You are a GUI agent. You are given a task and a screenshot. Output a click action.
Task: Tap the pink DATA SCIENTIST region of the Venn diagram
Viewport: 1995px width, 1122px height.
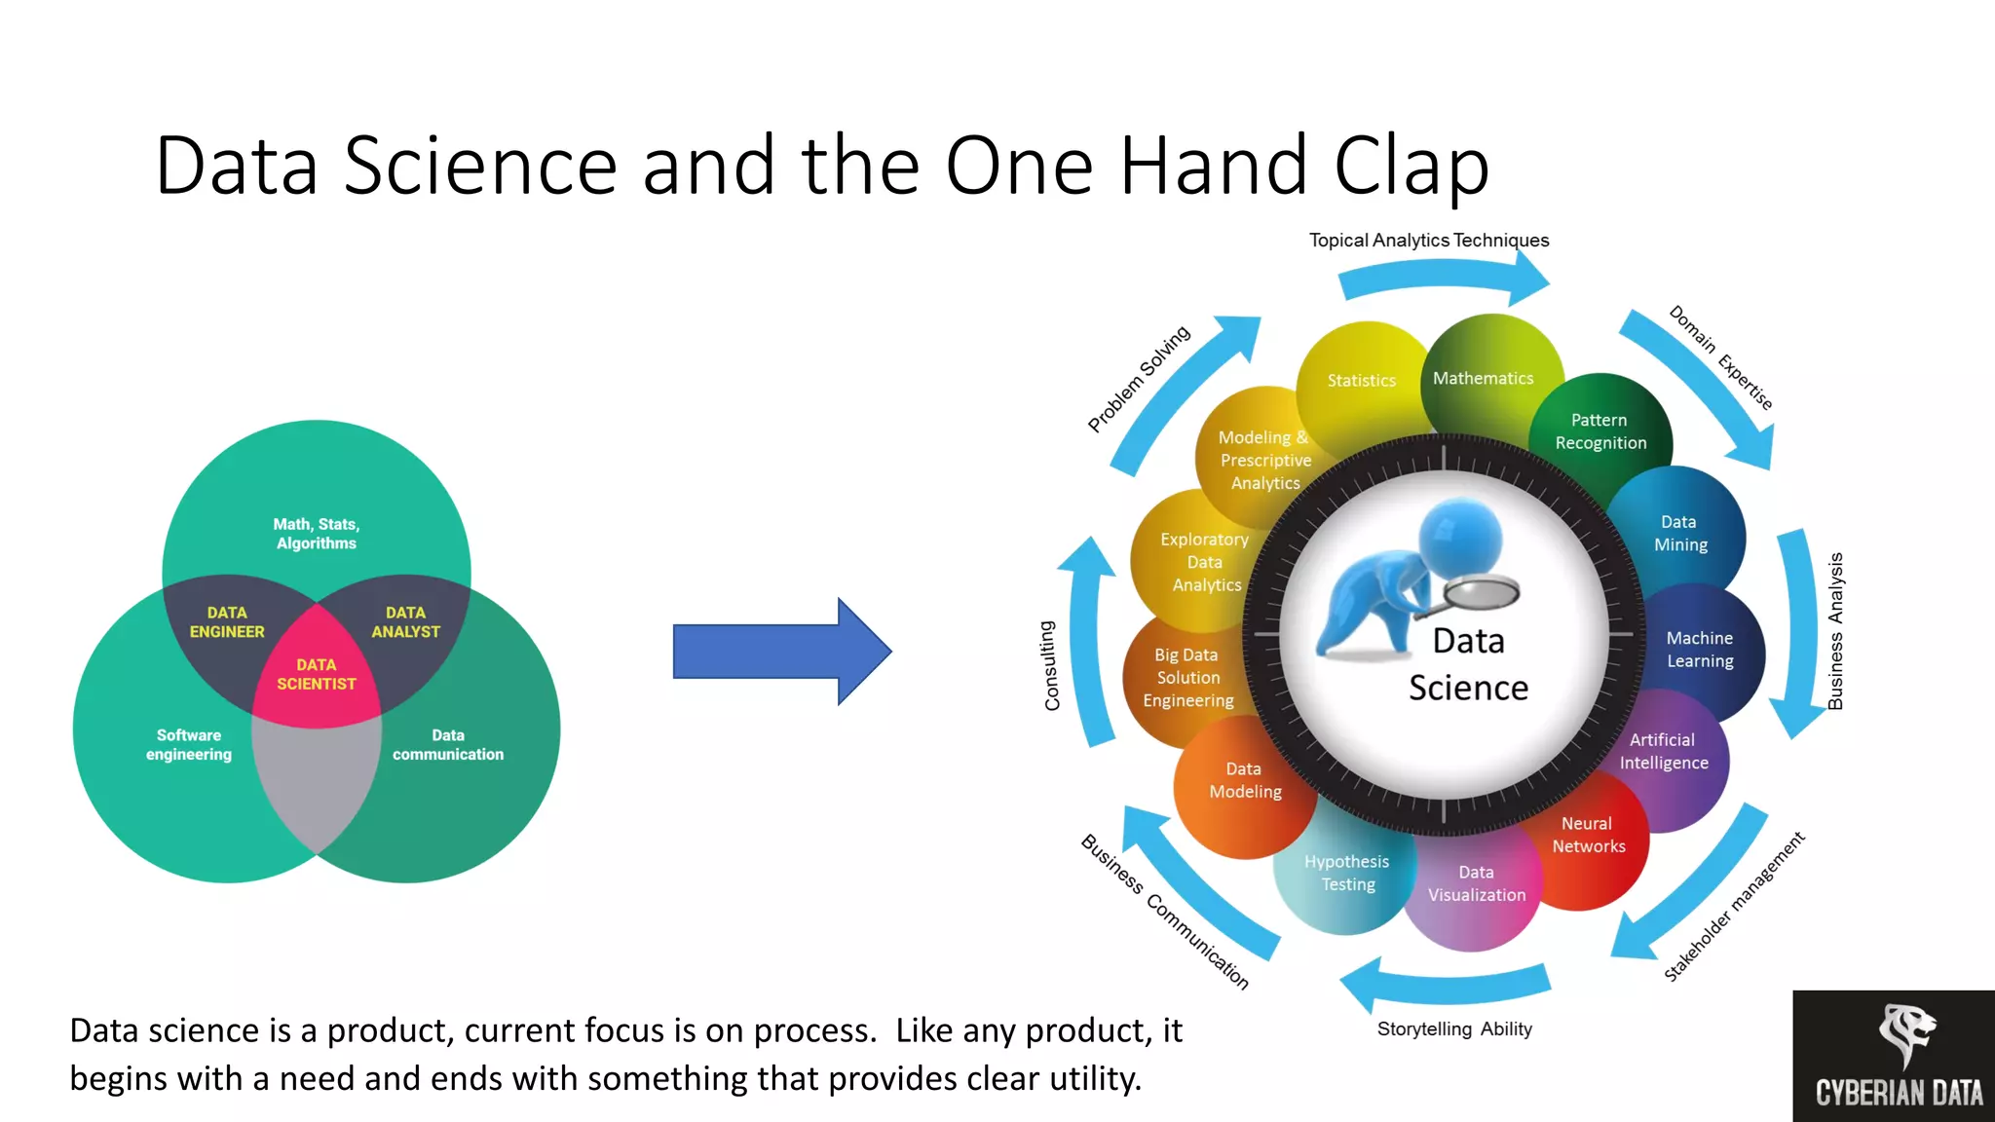(x=317, y=675)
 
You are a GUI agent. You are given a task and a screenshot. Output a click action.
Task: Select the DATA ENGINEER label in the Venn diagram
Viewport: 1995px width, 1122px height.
(x=227, y=622)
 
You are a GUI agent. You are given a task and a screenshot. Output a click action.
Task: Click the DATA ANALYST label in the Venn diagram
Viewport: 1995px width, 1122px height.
(x=405, y=622)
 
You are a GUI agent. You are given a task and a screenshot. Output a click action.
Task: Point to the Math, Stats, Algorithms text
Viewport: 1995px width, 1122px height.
(x=317, y=534)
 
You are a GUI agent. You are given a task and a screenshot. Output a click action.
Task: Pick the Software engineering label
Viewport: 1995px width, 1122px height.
(x=189, y=745)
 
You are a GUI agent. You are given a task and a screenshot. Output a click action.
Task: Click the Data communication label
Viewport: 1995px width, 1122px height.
(x=448, y=745)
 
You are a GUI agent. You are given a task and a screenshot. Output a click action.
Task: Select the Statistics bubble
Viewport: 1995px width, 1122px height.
(x=1361, y=381)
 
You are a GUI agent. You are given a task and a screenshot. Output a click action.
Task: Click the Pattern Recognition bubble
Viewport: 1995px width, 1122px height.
(x=1600, y=431)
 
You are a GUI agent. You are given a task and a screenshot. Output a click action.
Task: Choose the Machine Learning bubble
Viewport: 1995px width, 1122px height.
(x=1700, y=650)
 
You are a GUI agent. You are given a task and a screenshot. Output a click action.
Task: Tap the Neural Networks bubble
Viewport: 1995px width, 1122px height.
(x=1588, y=836)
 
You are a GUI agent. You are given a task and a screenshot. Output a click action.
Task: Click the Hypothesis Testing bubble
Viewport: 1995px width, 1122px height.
(x=1347, y=874)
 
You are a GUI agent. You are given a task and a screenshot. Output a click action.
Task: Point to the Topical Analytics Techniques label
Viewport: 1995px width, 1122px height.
(x=1428, y=241)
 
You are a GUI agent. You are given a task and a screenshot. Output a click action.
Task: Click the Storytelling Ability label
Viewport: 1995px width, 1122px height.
(x=1454, y=1029)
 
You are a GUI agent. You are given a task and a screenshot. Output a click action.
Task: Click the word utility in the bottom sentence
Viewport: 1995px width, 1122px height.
(x=1092, y=1079)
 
